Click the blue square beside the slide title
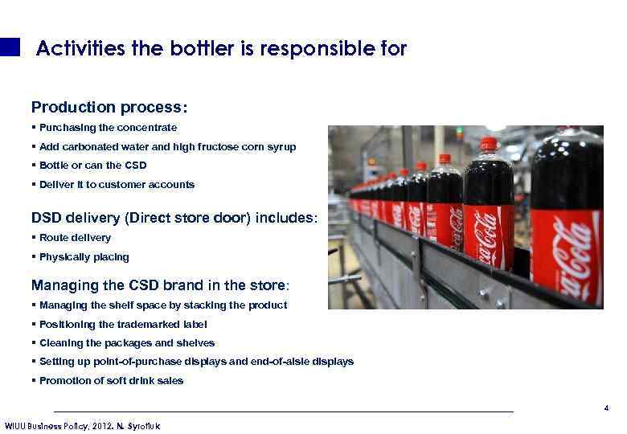coord(10,47)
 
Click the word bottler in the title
coord(201,49)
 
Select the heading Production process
coord(109,108)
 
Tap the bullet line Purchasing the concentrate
coord(108,128)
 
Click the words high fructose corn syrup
coord(244,147)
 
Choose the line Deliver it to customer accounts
coord(117,185)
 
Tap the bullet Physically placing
coord(84,257)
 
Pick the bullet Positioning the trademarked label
coord(123,325)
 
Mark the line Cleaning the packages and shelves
coord(127,343)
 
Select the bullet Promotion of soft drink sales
coord(111,381)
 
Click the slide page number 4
coord(606,409)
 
